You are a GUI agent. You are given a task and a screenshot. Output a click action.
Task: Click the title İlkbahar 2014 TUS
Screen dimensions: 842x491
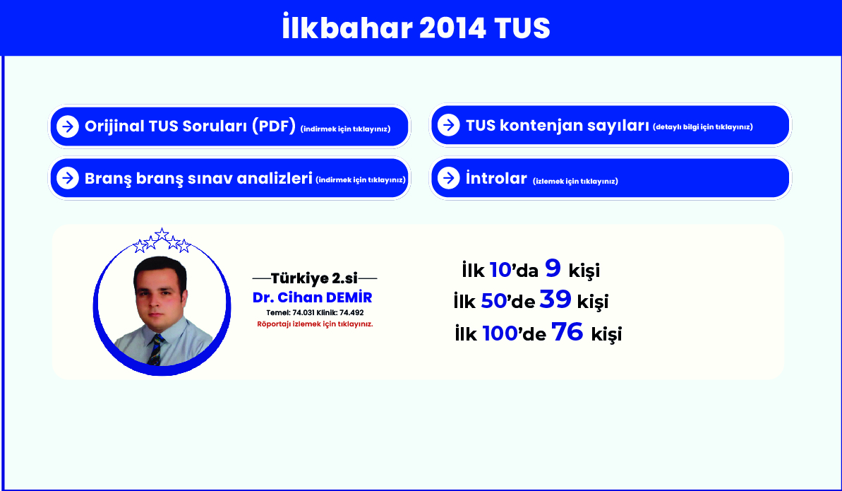(416, 28)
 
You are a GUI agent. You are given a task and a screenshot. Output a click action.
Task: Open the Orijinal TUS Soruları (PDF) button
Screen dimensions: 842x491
(229, 126)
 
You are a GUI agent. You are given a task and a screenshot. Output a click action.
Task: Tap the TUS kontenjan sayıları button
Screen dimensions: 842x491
(611, 125)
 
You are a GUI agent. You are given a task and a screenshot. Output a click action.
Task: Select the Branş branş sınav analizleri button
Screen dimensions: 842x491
(229, 178)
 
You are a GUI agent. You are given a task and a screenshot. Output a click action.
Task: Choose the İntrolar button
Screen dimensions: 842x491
(611, 178)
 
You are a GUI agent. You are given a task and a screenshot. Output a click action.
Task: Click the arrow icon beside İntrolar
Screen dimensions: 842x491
(448, 178)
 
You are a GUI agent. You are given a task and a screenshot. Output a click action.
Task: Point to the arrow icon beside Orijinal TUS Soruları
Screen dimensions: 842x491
(68, 126)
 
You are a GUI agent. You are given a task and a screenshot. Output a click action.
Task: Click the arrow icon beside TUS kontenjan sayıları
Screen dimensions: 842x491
(448, 125)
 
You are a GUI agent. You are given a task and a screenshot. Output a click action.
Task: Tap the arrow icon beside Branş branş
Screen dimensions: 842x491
(68, 178)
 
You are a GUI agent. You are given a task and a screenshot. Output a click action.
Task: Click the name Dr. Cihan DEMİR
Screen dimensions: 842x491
(313, 297)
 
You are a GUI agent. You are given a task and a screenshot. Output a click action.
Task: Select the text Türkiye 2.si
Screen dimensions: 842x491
(314, 278)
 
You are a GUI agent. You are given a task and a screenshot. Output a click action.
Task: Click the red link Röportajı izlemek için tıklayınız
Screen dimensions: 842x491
(315, 324)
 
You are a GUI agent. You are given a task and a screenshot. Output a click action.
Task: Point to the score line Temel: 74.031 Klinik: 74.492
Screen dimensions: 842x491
(315, 312)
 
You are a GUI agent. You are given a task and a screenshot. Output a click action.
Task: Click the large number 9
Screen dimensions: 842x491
(553, 268)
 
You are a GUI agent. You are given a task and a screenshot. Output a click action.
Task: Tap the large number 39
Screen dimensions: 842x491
(555, 299)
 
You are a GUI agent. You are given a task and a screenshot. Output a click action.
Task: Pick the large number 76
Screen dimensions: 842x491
(567, 331)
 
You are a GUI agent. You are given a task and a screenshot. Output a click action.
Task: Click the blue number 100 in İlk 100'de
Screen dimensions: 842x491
(500, 333)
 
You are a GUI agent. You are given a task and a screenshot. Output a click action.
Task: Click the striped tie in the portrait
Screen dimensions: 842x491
(156, 350)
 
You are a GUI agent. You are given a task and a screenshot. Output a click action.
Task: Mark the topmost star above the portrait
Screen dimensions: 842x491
(162, 234)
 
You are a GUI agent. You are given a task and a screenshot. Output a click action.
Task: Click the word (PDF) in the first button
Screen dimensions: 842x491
(274, 126)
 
